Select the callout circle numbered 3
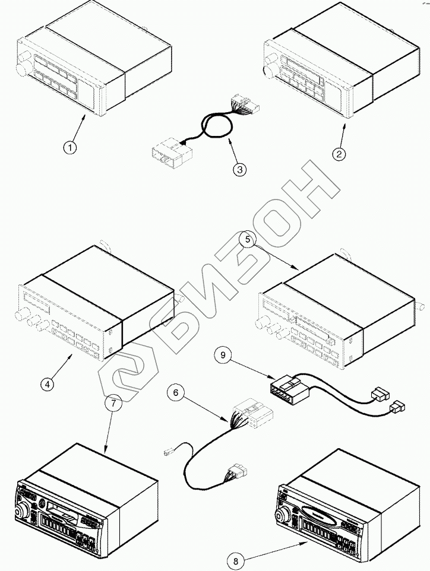click(239, 170)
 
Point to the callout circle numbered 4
click(48, 383)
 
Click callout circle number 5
click(248, 240)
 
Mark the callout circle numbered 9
click(222, 356)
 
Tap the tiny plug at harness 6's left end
click(167, 454)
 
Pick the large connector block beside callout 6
click(252, 413)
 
